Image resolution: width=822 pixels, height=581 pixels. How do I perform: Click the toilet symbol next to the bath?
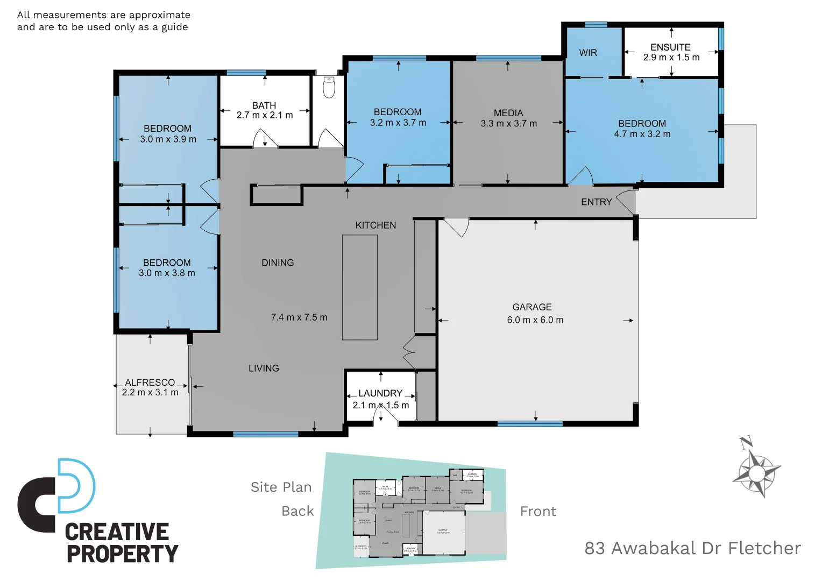click(x=329, y=87)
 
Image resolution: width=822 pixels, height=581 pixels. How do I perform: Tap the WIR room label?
click(x=588, y=53)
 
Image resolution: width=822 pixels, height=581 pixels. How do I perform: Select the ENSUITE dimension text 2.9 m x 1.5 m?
click(x=671, y=58)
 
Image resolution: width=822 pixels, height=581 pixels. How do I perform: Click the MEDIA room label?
click(x=508, y=113)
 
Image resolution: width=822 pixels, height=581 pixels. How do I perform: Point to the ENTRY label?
click(x=596, y=202)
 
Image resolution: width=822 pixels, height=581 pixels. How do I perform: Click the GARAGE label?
click(x=532, y=307)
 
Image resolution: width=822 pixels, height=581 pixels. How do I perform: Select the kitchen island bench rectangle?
click(x=359, y=287)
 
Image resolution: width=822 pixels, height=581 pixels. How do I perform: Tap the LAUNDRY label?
click(x=380, y=393)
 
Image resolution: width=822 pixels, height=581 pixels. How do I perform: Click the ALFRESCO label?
click(x=150, y=382)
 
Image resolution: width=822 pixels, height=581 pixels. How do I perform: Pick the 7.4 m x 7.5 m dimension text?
click(x=299, y=317)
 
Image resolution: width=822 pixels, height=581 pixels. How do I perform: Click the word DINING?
click(x=278, y=263)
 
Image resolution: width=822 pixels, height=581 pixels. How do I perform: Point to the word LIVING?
click(x=264, y=369)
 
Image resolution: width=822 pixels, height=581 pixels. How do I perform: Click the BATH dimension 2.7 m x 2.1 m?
click(x=265, y=115)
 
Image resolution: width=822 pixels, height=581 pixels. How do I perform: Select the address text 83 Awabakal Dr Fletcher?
click(x=692, y=548)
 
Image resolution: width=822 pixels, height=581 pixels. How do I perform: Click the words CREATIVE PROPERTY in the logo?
click(x=121, y=543)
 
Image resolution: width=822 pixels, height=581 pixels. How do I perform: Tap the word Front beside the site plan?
click(x=538, y=512)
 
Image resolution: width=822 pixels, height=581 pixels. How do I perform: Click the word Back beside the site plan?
click(x=297, y=511)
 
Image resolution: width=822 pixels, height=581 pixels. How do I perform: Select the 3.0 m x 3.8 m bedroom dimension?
click(x=167, y=273)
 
